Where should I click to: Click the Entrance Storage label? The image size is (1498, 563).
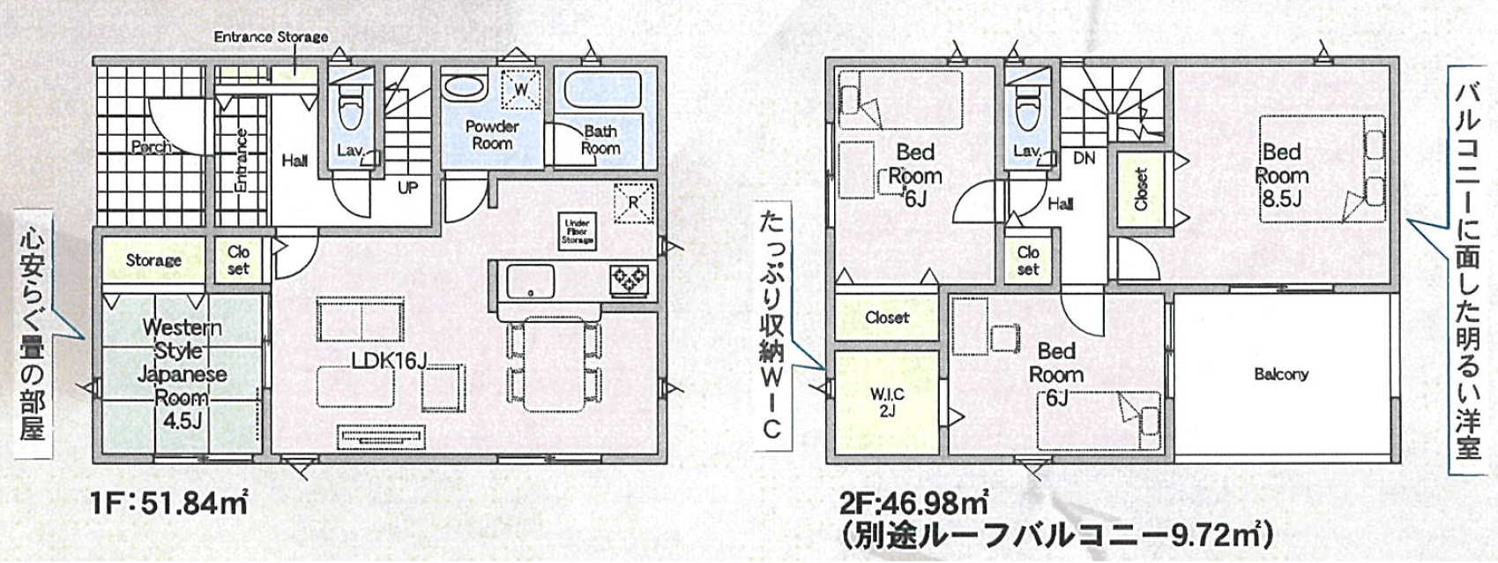[x=271, y=37]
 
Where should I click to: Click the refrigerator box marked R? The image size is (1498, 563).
[x=634, y=202]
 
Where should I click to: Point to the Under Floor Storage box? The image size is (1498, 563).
[x=578, y=231]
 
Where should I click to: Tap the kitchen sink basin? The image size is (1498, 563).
[x=530, y=281]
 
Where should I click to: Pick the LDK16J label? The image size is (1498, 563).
[x=389, y=360]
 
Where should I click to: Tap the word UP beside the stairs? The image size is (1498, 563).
[x=408, y=188]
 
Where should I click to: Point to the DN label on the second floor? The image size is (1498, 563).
[x=1084, y=159]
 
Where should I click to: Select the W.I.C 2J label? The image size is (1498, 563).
[x=888, y=402]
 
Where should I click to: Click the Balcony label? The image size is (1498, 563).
[x=1280, y=374]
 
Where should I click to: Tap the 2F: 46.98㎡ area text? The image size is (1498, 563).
[x=913, y=505]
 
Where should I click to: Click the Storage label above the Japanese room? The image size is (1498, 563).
[x=153, y=260]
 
